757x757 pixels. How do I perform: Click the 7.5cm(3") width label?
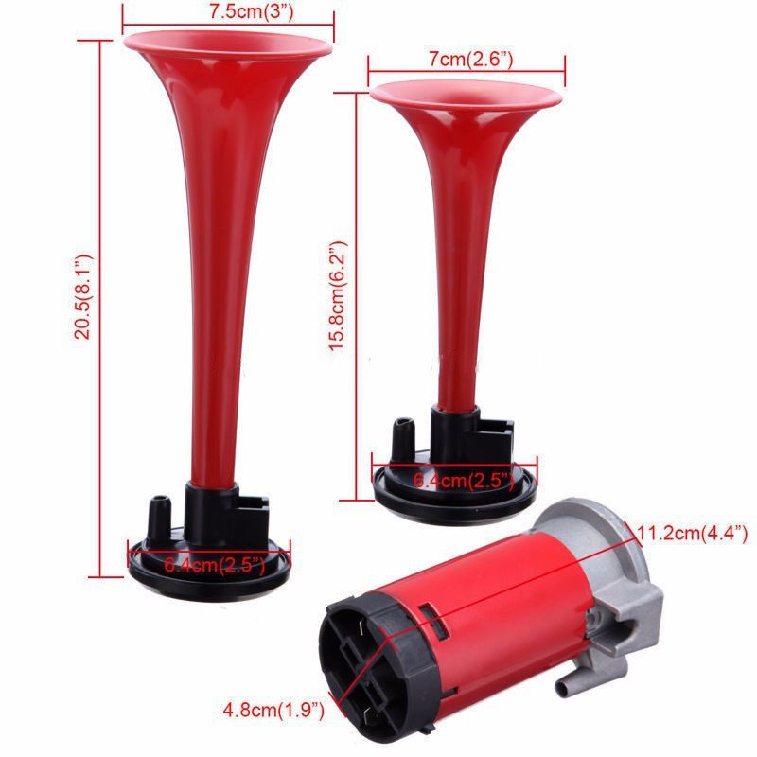click(252, 11)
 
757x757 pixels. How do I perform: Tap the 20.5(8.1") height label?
click(82, 297)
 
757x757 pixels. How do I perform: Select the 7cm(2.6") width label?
click(470, 59)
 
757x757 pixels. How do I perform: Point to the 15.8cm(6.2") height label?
click(338, 296)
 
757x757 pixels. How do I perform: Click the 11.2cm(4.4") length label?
click(693, 534)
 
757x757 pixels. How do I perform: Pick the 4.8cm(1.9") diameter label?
click(273, 710)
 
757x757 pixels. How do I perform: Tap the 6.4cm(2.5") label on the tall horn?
click(215, 565)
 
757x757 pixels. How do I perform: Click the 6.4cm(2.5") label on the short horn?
click(464, 481)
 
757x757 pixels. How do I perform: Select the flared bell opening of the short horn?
click(466, 94)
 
